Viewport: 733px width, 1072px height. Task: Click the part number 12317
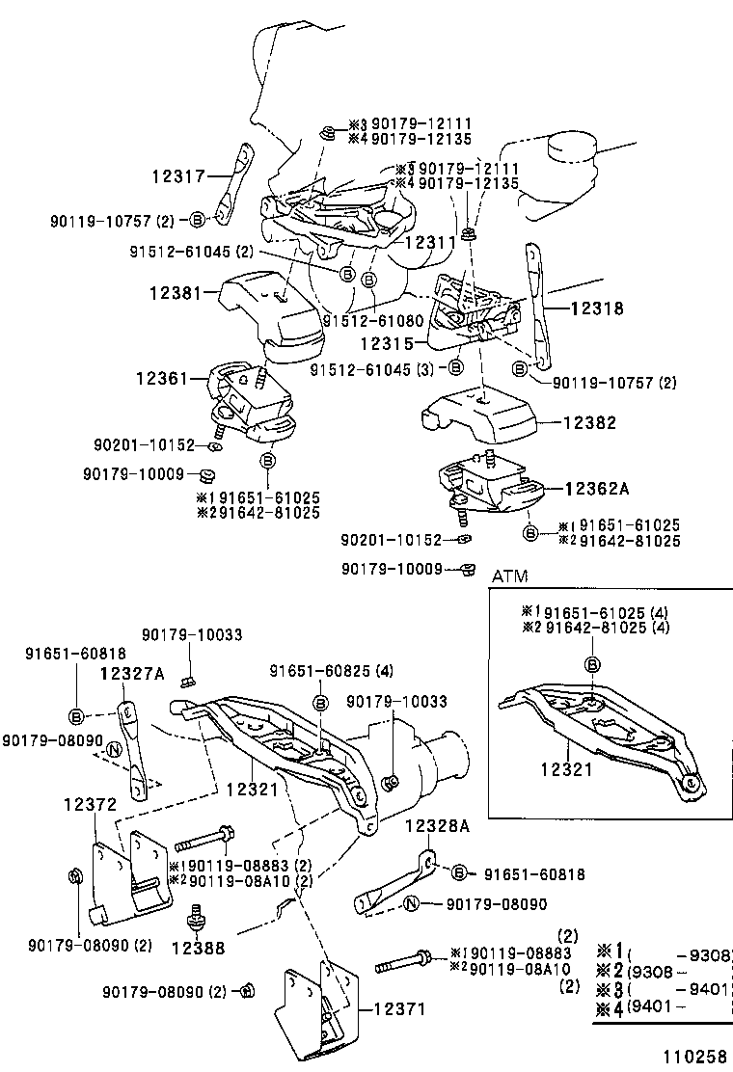[x=177, y=176]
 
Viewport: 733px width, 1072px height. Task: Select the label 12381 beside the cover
[x=175, y=291]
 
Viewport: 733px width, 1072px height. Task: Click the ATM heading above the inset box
[x=510, y=576]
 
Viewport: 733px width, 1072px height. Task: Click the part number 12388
[x=200, y=948]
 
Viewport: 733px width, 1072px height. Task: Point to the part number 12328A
[x=436, y=825]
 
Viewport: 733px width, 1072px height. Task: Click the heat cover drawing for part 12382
[x=478, y=415]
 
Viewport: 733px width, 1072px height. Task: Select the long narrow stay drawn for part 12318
[x=534, y=308]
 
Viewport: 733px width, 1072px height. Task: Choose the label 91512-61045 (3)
[x=370, y=369]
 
